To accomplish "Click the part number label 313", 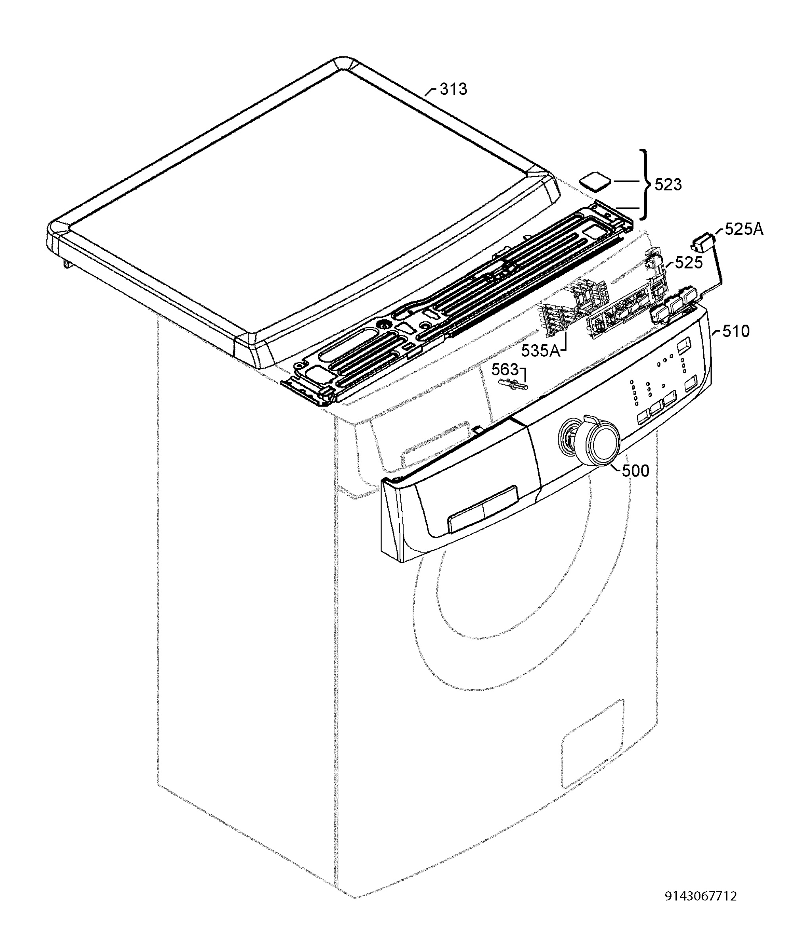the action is point(453,89).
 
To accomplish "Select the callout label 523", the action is point(668,185).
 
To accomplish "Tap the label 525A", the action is point(744,229).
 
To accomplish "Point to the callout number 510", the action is point(736,331).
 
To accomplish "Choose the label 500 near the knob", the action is point(635,471).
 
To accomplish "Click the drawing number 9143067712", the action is point(700,896).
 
